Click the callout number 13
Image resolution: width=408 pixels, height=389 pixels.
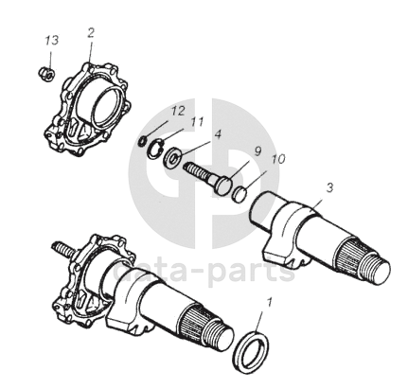point(51,41)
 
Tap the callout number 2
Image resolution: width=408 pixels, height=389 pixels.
point(91,33)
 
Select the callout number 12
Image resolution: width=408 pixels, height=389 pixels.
point(177,111)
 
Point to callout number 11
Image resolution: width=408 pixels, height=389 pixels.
point(197,121)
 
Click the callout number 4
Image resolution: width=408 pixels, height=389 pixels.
point(218,134)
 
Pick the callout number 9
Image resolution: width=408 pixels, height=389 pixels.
point(257,151)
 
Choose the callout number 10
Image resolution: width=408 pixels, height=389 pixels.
point(278,159)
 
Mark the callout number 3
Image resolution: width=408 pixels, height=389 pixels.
point(329,188)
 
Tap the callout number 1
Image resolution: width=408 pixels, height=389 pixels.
point(269,302)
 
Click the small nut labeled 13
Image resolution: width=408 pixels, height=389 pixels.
point(47,74)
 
